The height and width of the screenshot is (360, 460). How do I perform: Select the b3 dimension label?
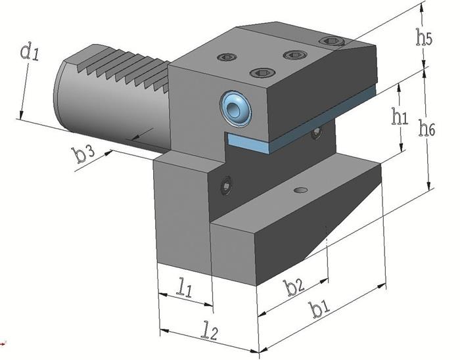point(84,155)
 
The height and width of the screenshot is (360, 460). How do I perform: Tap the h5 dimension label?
point(424,37)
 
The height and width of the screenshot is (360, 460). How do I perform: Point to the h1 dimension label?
point(400,116)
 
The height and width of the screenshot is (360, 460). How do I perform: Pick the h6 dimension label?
point(427,129)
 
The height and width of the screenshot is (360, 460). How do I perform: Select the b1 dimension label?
point(321,309)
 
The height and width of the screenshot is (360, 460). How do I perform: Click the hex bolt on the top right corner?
point(331,42)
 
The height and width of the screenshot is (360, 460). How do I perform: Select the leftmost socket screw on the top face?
point(227,57)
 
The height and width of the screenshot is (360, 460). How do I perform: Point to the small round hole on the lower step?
point(300,190)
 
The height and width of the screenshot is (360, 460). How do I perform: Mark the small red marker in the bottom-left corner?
point(3,342)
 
